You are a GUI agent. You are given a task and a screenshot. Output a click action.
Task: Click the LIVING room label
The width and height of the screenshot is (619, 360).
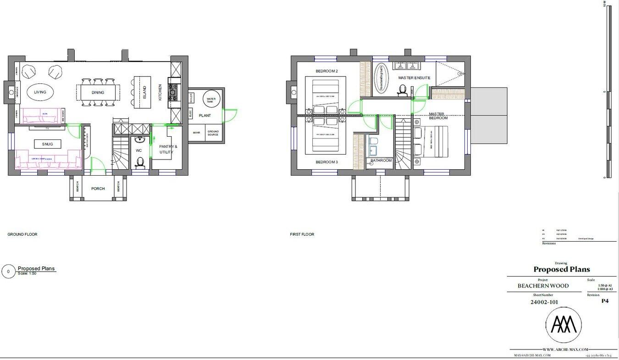click(40, 92)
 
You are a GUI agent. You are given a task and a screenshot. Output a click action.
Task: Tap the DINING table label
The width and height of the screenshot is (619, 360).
click(98, 93)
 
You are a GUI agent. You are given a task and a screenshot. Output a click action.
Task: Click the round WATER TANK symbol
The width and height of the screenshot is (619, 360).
click(211, 100)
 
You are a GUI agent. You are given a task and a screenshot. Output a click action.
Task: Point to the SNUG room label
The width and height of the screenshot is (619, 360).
click(47, 144)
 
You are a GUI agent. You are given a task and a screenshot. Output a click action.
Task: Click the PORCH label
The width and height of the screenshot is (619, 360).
click(98, 188)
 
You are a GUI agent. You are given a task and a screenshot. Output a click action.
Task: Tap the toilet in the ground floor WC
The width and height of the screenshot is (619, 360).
click(140, 162)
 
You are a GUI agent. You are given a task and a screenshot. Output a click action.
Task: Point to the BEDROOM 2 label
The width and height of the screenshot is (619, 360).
click(326, 71)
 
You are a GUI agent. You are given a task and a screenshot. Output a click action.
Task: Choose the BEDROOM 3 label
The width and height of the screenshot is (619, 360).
click(326, 162)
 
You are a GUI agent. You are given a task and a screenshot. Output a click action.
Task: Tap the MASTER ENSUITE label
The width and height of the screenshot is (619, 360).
click(414, 78)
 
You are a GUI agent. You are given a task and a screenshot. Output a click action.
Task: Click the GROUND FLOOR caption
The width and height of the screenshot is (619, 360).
click(22, 234)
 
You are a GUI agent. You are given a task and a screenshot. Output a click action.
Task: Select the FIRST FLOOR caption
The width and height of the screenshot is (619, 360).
click(302, 234)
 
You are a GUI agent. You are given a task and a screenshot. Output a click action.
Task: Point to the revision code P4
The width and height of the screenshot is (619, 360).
click(605, 301)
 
